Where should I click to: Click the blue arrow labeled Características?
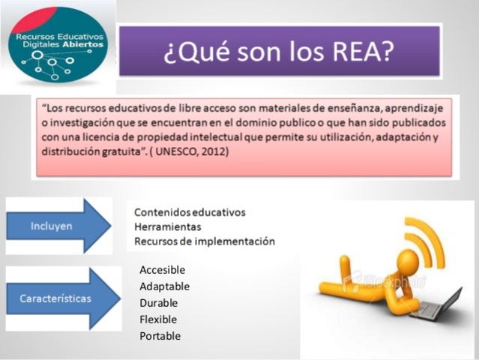pyautogui.click(x=64, y=298)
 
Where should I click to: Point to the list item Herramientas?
pyautogui.click(x=169, y=227)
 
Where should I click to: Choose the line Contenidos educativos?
pyautogui.click(x=190, y=213)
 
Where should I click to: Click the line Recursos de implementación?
pyautogui.click(x=205, y=241)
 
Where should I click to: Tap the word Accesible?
pyautogui.click(x=162, y=270)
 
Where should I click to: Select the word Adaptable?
pyautogui.click(x=164, y=286)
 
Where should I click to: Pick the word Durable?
pyautogui.click(x=158, y=303)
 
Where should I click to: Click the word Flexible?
pyautogui.click(x=158, y=319)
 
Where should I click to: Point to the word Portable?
pyautogui.click(x=160, y=336)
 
